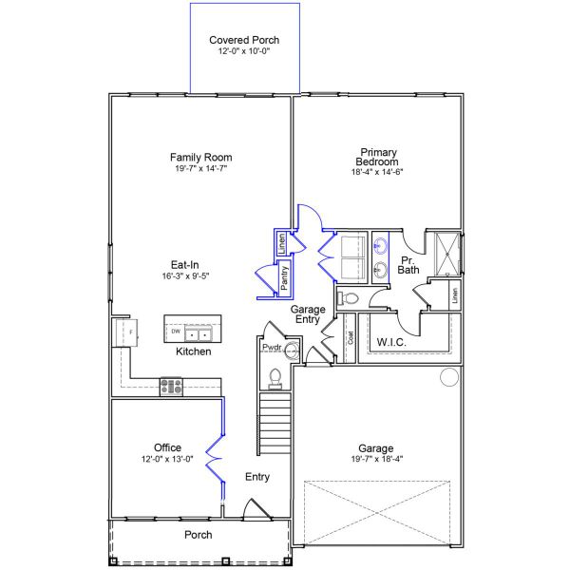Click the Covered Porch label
point(244,40)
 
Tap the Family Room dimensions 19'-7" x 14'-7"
point(201,168)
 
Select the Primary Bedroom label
point(377,157)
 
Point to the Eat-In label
point(185,265)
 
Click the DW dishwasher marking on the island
point(176,332)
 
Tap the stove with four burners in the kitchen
point(171,387)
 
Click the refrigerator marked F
point(127,332)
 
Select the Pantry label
point(285,277)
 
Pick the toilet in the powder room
point(275,379)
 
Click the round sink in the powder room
point(292,351)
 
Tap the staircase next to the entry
point(275,423)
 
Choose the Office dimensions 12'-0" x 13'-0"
point(167,459)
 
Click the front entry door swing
point(257,508)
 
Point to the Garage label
point(376,448)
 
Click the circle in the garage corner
point(449,377)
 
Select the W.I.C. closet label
point(391,342)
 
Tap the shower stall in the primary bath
point(447,255)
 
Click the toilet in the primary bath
point(348,299)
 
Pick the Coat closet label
point(351,337)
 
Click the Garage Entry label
point(308,314)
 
